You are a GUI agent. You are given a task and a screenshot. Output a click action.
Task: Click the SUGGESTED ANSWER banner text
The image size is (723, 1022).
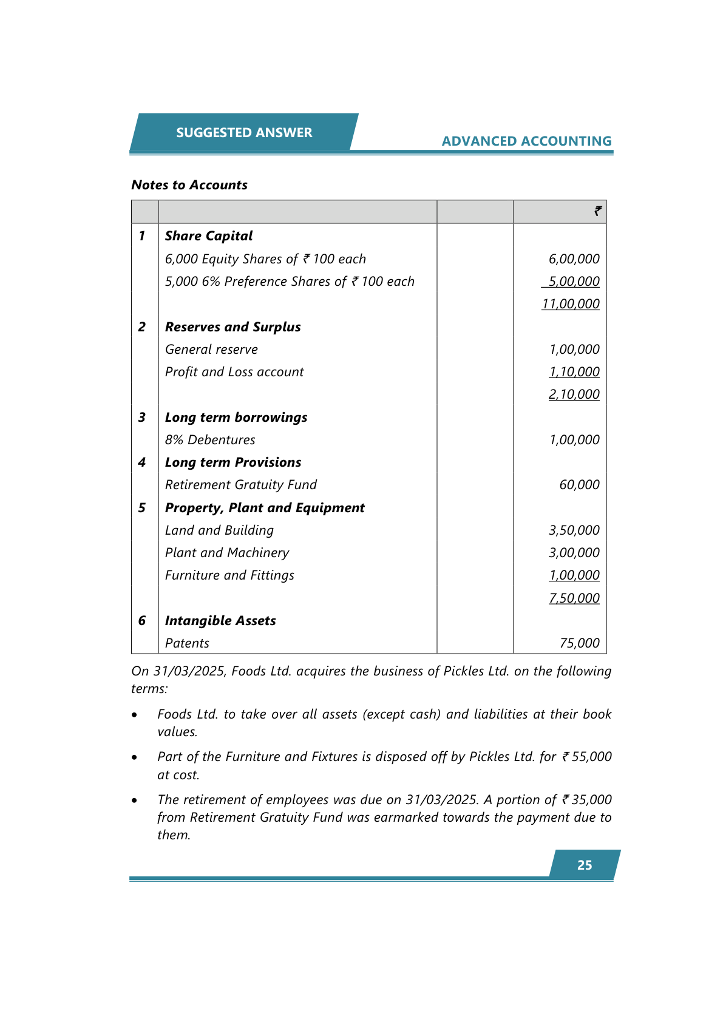[x=244, y=132]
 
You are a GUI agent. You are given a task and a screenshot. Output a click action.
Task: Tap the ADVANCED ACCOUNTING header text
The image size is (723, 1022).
[x=526, y=141]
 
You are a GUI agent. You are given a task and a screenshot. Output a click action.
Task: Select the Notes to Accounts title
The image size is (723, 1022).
[x=189, y=185]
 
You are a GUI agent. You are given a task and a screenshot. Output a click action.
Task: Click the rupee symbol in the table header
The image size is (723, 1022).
[x=598, y=211]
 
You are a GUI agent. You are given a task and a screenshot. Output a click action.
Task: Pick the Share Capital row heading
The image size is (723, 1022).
[x=209, y=236]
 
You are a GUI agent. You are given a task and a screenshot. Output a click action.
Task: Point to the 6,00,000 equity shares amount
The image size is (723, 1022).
[x=574, y=259]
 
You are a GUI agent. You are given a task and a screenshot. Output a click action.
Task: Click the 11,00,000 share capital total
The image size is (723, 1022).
[x=571, y=304]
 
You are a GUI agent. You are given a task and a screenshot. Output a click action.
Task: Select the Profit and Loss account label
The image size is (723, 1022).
[x=234, y=372]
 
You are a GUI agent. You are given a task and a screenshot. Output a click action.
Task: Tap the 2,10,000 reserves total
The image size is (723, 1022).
[x=574, y=394]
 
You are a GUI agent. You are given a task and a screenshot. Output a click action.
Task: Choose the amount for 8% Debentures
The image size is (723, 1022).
[x=574, y=440]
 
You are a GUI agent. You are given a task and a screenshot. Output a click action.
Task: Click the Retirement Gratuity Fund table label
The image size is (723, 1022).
[x=241, y=485]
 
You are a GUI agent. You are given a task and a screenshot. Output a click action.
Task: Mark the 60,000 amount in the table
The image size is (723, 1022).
[x=579, y=485]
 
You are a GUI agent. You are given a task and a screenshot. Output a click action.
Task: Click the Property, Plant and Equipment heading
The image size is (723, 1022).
[x=265, y=508]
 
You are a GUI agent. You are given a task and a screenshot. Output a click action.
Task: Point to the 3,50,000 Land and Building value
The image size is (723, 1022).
[x=574, y=530]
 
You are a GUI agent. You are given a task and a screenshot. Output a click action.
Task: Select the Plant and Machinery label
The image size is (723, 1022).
[x=227, y=553]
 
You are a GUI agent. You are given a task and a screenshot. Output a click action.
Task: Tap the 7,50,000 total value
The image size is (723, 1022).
[x=574, y=598]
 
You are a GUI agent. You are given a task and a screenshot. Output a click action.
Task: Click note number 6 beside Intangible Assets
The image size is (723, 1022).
[x=142, y=621]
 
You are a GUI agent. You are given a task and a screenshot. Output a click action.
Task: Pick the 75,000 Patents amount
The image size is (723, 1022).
[x=579, y=643]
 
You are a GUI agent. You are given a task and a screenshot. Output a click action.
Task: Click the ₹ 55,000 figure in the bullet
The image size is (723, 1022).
[x=586, y=757]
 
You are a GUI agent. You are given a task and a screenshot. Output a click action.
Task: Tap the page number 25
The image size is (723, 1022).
[x=585, y=865]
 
